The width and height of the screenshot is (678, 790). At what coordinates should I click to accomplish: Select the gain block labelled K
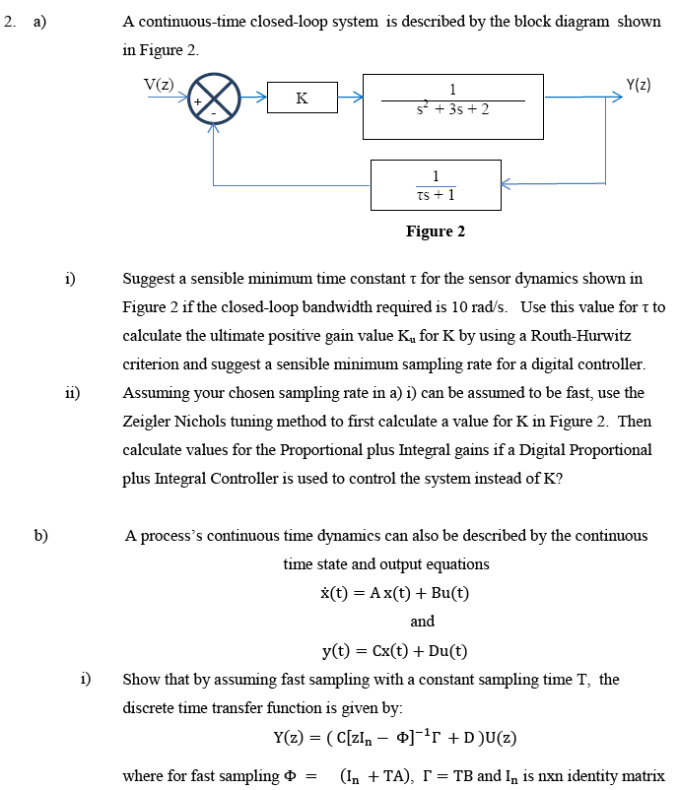pos(302,99)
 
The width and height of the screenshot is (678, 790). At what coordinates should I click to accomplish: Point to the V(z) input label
pos(159,83)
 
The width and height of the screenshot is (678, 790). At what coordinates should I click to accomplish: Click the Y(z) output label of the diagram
pos(638,84)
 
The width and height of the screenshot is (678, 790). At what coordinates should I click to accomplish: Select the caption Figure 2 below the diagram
pos(435,231)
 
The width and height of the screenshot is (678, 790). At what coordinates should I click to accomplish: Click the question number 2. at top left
pos(9,22)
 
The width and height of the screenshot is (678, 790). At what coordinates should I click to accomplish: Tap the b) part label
pos(40,536)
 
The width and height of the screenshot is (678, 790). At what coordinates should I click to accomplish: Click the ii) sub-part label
pos(71,393)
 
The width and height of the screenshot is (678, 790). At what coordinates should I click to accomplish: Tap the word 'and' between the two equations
pos(422,622)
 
